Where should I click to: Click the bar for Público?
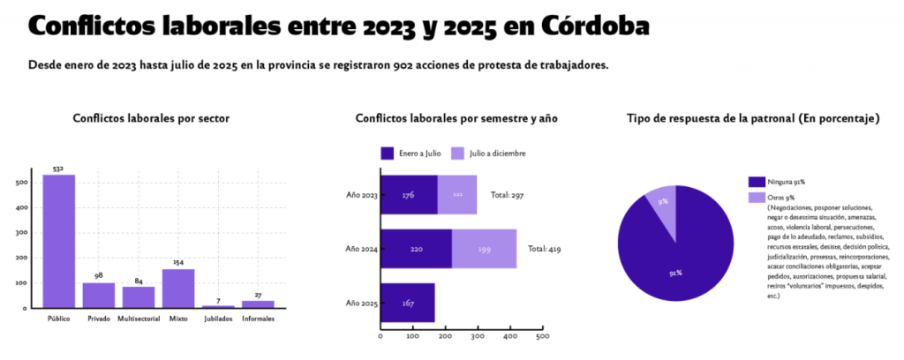[58, 241]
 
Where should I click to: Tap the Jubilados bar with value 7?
[218, 306]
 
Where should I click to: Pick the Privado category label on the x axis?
[99, 319]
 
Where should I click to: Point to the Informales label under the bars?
[258, 319]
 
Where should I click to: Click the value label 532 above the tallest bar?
[58, 169]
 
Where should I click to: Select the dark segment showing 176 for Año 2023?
[409, 194]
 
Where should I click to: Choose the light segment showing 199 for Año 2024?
[484, 249]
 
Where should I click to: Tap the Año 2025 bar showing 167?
[407, 303]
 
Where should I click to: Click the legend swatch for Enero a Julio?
[387, 153]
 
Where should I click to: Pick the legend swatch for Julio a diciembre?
[457, 153]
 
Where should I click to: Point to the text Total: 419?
[546, 249]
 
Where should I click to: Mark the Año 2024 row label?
[361, 249]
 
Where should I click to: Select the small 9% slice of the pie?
[663, 206]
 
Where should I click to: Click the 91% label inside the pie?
[675, 273]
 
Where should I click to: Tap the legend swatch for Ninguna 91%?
[756, 181]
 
